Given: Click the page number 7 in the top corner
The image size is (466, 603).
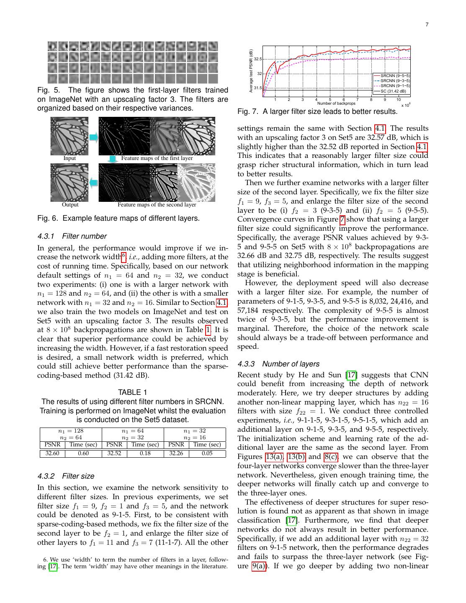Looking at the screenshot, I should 427,25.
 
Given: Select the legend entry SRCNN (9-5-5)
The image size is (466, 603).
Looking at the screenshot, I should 395,76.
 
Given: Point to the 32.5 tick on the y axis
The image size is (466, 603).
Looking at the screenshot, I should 257,59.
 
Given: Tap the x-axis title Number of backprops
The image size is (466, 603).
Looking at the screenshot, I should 336,103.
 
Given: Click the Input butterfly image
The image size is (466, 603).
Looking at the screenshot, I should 70,136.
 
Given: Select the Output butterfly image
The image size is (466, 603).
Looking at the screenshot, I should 70,182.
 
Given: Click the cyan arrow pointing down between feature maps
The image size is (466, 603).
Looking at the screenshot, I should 112,159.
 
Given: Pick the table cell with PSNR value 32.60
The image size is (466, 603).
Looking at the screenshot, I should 52,454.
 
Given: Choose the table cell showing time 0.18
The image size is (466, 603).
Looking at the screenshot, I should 145,454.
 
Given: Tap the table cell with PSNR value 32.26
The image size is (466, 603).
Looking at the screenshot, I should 176,454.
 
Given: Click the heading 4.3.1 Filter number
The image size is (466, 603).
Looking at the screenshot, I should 72,236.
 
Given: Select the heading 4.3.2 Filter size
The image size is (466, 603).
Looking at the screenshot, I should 66,476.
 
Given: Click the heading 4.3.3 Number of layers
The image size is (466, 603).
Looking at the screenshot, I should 278,364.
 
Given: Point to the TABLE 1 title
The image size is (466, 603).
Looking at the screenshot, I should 132,392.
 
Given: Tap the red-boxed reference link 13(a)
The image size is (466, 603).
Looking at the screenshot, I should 274,457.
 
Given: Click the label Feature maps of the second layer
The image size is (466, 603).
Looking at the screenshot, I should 157,205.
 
